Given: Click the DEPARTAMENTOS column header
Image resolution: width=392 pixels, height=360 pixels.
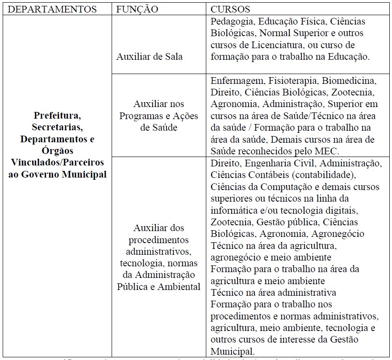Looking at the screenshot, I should [x=53, y=9].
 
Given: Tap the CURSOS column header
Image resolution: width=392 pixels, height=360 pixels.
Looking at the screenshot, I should [x=230, y=9].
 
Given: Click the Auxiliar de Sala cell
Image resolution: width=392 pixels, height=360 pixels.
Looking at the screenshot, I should [x=149, y=57].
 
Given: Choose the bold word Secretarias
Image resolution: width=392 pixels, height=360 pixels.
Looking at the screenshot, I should [x=57, y=127].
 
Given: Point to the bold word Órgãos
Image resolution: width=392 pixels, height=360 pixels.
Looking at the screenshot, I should [x=57, y=150].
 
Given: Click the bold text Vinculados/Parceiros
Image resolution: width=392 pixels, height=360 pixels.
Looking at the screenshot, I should [x=57, y=162].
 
